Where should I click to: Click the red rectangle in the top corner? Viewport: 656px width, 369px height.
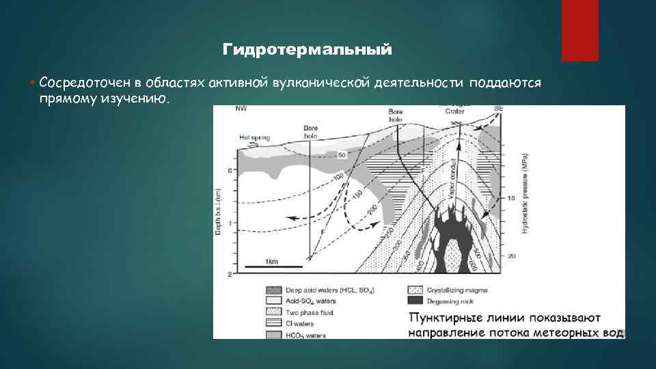[x=579, y=31]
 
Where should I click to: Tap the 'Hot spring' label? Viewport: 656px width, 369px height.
[x=254, y=137]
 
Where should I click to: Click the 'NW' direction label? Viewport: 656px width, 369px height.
[x=241, y=109]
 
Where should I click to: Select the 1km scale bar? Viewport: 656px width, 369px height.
[x=271, y=265]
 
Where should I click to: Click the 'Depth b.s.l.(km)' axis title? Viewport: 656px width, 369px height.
[x=219, y=212]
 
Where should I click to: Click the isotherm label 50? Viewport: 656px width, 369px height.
[x=342, y=155]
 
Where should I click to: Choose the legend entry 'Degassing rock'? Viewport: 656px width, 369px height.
[x=444, y=300]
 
